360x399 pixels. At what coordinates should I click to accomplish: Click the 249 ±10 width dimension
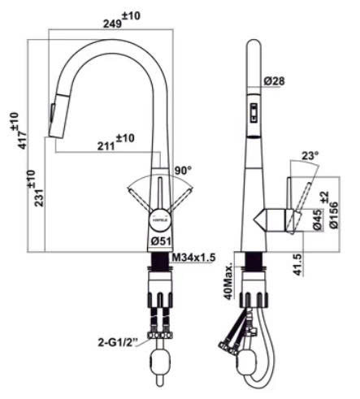[122, 20]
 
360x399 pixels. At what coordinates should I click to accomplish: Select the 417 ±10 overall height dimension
[19, 130]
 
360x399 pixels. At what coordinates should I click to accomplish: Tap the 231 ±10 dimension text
[35, 189]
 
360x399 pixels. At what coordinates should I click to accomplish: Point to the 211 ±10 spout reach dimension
[115, 142]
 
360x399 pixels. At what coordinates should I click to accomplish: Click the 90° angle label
[183, 171]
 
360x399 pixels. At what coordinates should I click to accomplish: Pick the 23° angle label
[310, 155]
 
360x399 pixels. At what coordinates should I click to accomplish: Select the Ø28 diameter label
[275, 80]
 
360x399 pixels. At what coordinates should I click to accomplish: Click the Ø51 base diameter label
[161, 241]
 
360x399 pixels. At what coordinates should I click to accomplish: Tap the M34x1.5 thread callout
[193, 257]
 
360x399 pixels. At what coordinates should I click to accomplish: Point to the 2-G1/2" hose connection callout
[118, 343]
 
